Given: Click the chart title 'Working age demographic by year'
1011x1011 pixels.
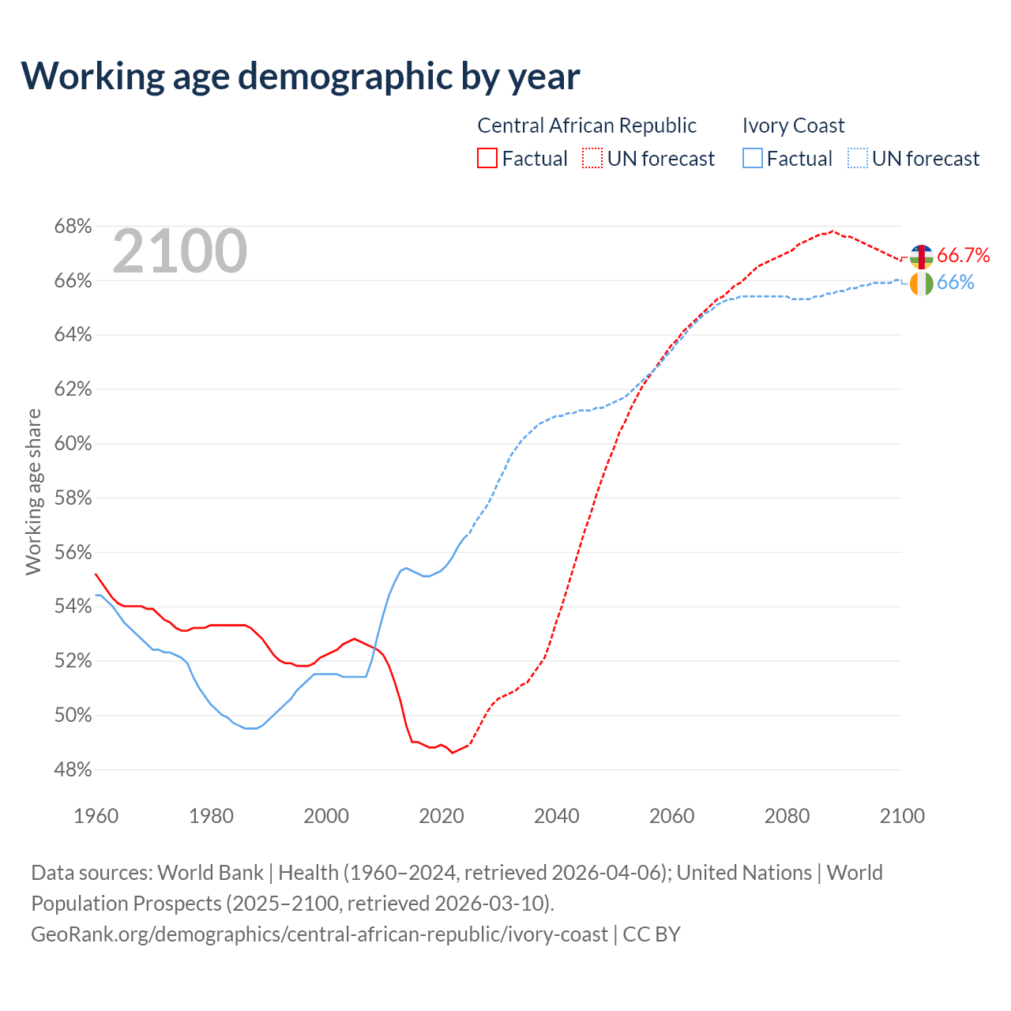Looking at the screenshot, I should pos(300,76).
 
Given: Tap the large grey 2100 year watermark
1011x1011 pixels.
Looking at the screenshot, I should pos(180,251).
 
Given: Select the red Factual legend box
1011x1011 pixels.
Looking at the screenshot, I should pos(487,159).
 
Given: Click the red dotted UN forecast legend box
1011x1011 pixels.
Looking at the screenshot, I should pos(592,159).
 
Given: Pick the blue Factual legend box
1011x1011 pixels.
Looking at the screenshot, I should pos(753,159).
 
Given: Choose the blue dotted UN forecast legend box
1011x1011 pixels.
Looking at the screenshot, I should pos(858,159).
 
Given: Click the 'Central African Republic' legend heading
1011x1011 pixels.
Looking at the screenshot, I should pos(587,126).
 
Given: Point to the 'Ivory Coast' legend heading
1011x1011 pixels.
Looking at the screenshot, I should pos(793,126).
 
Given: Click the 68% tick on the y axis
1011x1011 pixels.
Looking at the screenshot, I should pos(73,227).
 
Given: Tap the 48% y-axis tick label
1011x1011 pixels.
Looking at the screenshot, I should pos(73,769).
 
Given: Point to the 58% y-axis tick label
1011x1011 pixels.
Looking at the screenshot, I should pos(73,498).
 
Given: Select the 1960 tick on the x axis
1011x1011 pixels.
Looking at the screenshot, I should pos(96,816).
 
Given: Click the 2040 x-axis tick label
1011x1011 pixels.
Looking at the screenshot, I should pos(557,816).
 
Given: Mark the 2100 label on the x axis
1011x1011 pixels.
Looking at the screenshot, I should pos(902,816).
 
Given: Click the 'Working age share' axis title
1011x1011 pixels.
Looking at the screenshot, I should pos(33,491).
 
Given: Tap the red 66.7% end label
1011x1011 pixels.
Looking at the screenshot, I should pos(963,255).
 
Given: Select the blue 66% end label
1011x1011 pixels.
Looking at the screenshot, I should pos(956,283).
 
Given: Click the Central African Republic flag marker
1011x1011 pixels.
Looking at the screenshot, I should pos(922,257).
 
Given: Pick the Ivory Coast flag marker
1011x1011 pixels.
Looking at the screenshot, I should pos(922,284).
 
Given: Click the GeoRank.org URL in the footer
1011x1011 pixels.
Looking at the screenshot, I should pos(319,934).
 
